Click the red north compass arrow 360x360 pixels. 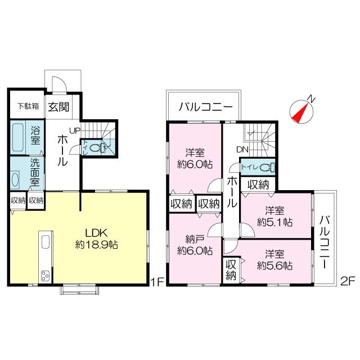point(300,111)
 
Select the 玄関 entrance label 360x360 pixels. point(57,106)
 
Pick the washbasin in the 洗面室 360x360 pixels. point(16,179)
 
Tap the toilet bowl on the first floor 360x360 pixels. point(96,148)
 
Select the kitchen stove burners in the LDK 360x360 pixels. point(44,276)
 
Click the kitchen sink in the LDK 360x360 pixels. point(44,243)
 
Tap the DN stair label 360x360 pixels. point(242,150)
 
